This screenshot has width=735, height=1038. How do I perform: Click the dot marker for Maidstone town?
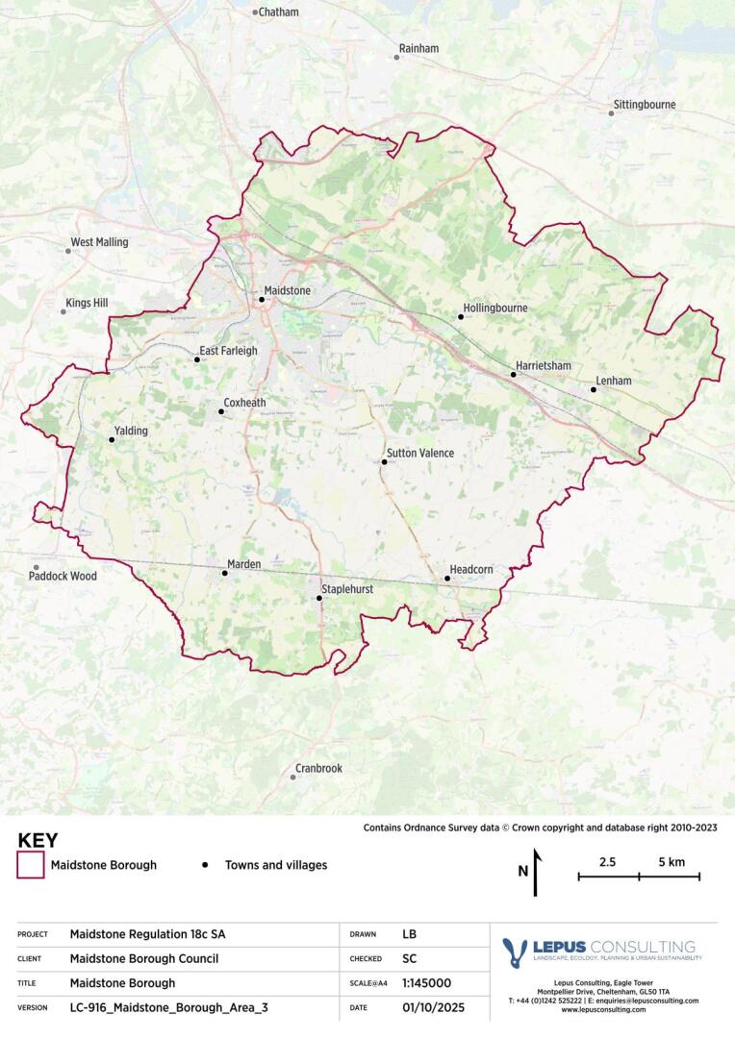(x=261, y=299)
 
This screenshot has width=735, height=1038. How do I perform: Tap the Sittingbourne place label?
(x=645, y=104)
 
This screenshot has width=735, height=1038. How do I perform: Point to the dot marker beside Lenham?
(x=593, y=389)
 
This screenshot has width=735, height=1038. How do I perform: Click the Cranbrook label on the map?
(x=318, y=768)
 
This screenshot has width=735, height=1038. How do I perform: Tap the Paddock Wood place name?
(x=63, y=576)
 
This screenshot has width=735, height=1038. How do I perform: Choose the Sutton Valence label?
(x=420, y=453)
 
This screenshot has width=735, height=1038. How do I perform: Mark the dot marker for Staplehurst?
(x=319, y=599)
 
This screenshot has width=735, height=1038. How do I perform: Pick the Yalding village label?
(x=131, y=431)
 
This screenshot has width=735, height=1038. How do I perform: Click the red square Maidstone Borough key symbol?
(x=31, y=865)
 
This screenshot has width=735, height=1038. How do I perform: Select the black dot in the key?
(x=205, y=865)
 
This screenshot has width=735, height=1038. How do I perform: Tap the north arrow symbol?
(x=536, y=870)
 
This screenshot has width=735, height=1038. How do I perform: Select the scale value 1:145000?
(x=426, y=983)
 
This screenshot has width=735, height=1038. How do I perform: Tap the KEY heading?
(x=38, y=840)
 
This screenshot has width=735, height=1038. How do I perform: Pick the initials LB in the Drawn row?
(x=410, y=933)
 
